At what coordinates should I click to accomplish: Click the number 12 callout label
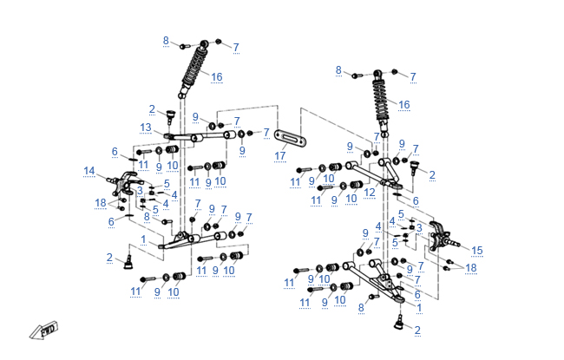pyautogui.click(x=369, y=193)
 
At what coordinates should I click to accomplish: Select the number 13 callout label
pyautogui.click(x=146, y=128)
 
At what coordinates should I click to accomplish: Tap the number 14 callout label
pyautogui.click(x=89, y=170)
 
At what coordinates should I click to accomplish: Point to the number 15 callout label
pyautogui.click(x=476, y=250)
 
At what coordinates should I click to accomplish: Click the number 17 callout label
pyautogui.click(x=279, y=156)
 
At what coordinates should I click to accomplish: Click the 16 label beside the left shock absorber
pyautogui.click(x=216, y=77)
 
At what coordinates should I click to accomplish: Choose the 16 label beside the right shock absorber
pyautogui.click(x=403, y=104)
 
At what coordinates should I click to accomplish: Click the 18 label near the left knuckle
pyautogui.click(x=101, y=202)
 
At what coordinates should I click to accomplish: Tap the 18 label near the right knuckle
pyautogui.click(x=471, y=268)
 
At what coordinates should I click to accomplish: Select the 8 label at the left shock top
pyautogui.click(x=166, y=41)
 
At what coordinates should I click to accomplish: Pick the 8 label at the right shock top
pyautogui.click(x=339, y=70)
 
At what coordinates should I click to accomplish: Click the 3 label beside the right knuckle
pyautogui.click(x=419, y=227)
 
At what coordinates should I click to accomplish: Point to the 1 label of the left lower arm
pyautogui.click(x=143, y=239)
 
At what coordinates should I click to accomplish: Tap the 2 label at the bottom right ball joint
pyautogui.click(x=417, y=330)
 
